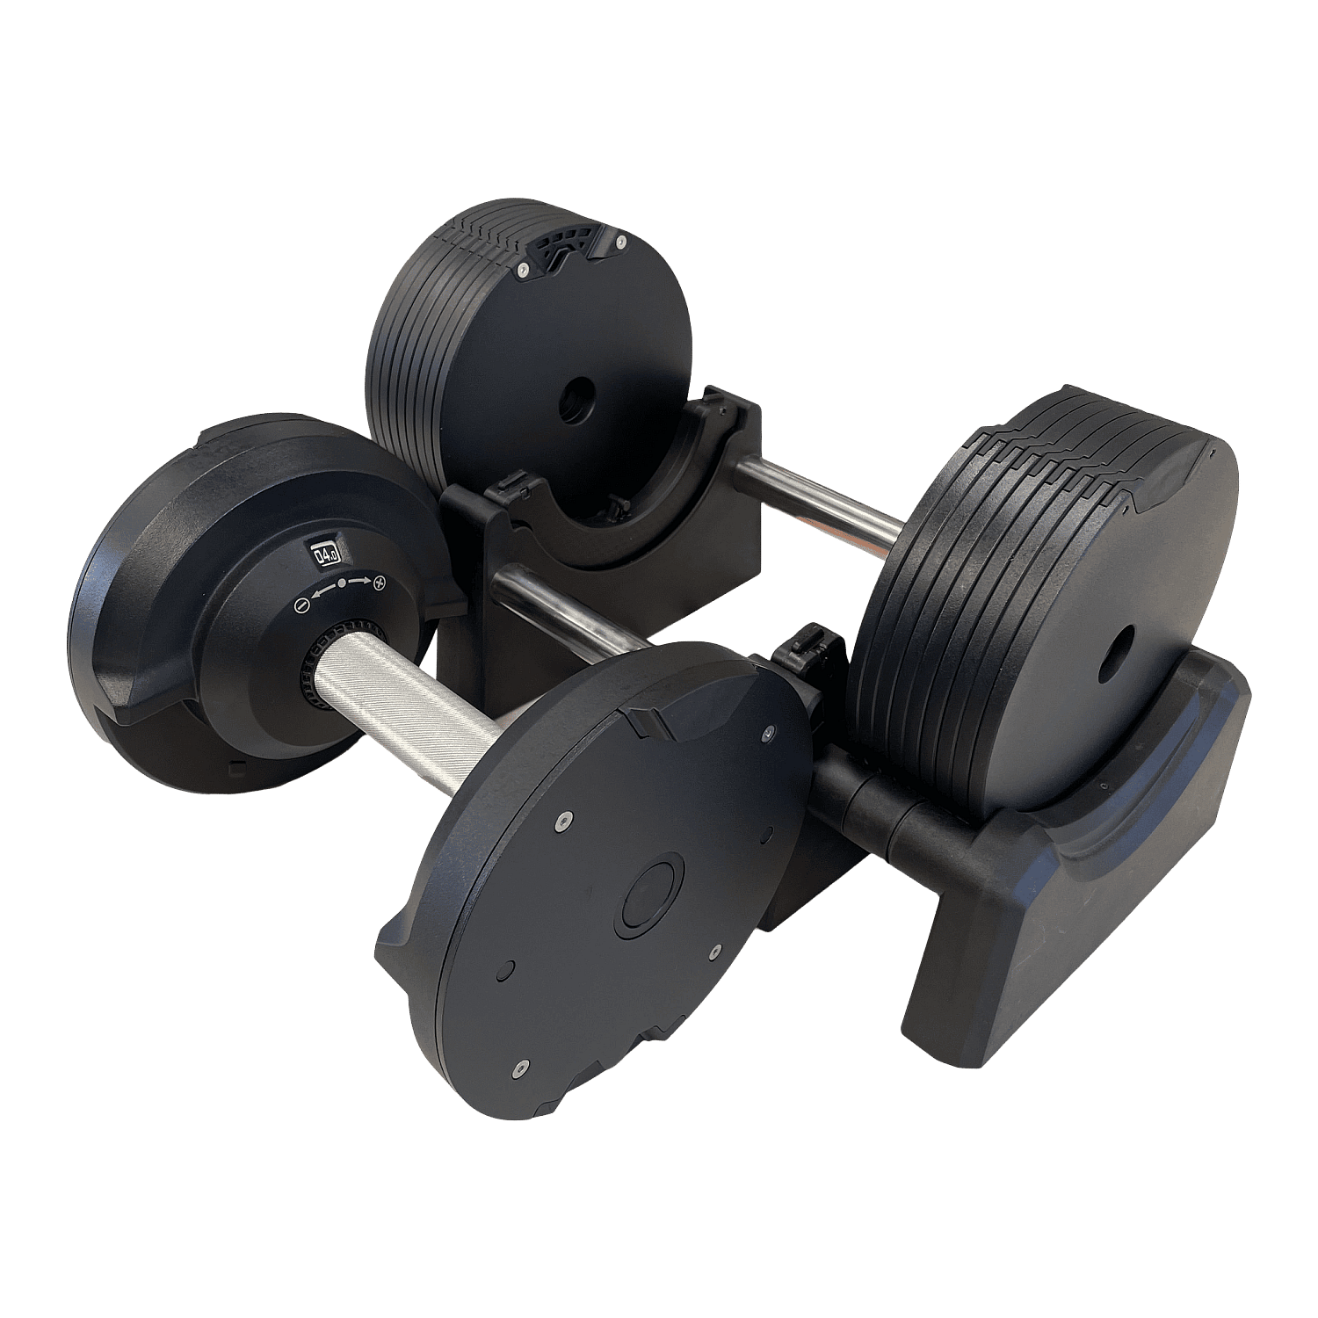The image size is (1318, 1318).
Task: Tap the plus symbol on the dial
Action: (380, 582)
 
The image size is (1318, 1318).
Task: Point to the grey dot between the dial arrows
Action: (342, 583)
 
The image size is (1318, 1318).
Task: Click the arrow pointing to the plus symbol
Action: (360, 582)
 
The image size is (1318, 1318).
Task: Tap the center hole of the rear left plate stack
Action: (575, 400)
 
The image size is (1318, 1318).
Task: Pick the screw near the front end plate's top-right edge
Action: (771, 731)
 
